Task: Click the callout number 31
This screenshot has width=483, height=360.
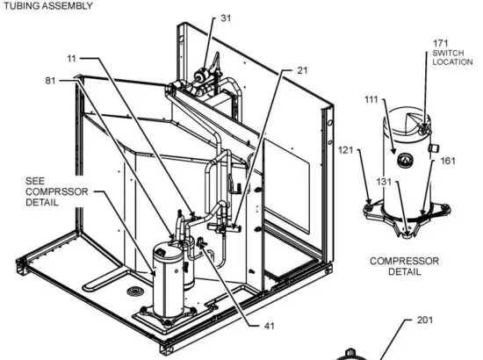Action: (226, 18)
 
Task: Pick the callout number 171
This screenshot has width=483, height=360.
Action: (443, 42)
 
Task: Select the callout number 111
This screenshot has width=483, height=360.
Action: (371, 99)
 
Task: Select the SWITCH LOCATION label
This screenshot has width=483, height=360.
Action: (448, 59)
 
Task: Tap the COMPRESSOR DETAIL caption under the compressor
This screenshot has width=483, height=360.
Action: (404, 266)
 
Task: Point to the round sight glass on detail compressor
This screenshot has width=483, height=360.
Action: (406, 161)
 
